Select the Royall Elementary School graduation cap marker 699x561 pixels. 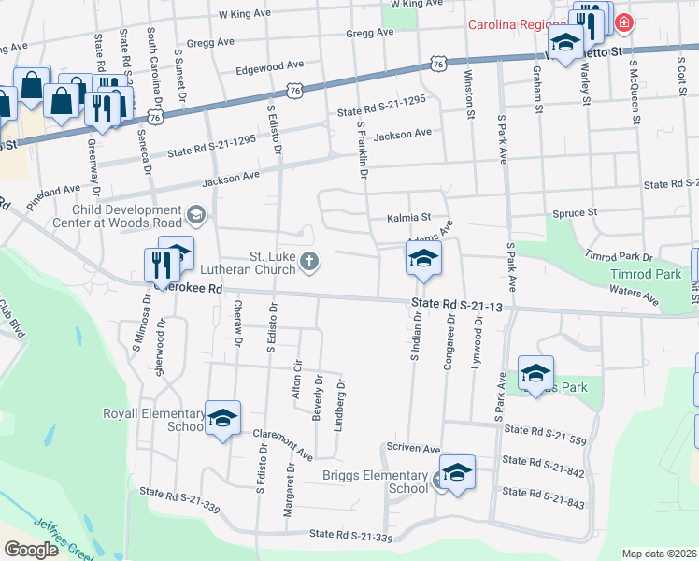point(222,419)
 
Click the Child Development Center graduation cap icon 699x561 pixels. point(195,217)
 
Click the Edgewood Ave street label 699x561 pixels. point(270,66)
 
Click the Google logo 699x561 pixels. point(31,550)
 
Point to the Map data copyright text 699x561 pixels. point(659,554)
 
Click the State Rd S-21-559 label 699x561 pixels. point(543,429)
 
